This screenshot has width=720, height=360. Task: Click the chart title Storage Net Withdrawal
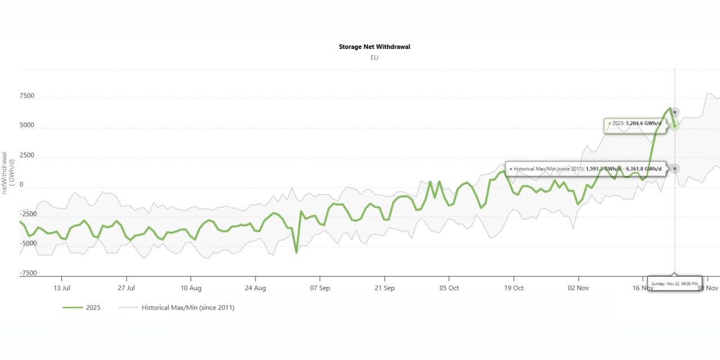[374, 47]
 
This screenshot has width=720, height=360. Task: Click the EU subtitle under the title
[374, 57]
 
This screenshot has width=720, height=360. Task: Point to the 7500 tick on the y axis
[27, 96]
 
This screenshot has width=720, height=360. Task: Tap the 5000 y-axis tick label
[27, 125]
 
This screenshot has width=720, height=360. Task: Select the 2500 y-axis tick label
[27, 155]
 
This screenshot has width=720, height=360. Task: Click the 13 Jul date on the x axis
[62, 288]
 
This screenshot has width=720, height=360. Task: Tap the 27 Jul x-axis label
[127, 288]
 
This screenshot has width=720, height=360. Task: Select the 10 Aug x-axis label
[191, 288]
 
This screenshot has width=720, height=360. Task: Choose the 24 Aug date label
[255, 288]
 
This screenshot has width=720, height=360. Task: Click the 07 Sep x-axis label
[320, 288]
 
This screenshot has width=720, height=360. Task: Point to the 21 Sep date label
[385, 288]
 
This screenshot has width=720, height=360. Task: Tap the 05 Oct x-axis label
[449, 288]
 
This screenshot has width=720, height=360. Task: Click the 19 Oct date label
[514, 288]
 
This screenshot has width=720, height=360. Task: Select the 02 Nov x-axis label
[578, 288]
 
